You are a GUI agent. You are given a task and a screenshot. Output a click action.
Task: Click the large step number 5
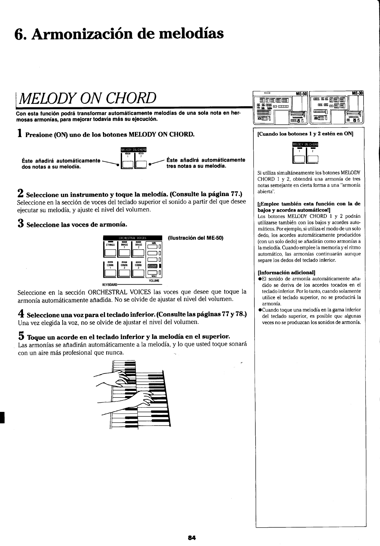pyautogui.click(x=21, y=336)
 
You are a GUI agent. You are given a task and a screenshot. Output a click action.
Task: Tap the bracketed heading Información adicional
pyautogui.click(x=286, y=272)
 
